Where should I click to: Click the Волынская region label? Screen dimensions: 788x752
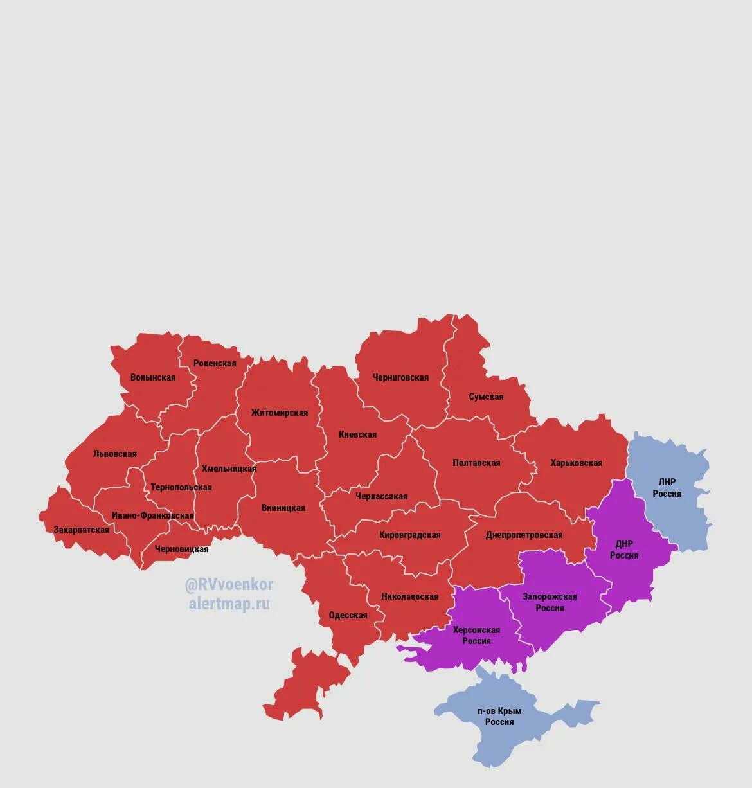[x=153, y=377]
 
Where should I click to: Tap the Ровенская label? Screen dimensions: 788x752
[x=215, y=363]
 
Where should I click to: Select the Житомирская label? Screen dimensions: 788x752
[x=280, y=413]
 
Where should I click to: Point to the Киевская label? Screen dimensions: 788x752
[x=357, y=434]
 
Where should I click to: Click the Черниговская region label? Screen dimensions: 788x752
[x=400, y=377]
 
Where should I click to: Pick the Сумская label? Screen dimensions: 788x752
[x=486, y=397]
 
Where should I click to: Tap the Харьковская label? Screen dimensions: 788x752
[x=577, y=463]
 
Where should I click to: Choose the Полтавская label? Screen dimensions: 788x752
[x=476, y=463]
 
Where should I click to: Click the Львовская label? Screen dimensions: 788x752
[x=115, y=454]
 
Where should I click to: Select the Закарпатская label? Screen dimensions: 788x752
[x=82, y=530]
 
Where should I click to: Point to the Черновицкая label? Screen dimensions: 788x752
[x=182, y=549]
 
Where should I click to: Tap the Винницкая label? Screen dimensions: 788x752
[x=283, y=508]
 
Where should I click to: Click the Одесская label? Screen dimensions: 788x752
[x=348, y=615]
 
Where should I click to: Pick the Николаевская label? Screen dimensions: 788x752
[x=409, y=596]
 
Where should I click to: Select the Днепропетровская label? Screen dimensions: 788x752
[x=524, y=535]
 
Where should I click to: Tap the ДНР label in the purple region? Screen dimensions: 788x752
[x=624, y=544]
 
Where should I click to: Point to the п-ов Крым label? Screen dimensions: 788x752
[x=499, y=711]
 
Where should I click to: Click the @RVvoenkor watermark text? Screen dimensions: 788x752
[x=229, y=585]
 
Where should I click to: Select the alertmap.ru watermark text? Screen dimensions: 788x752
[x=229, y=604]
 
